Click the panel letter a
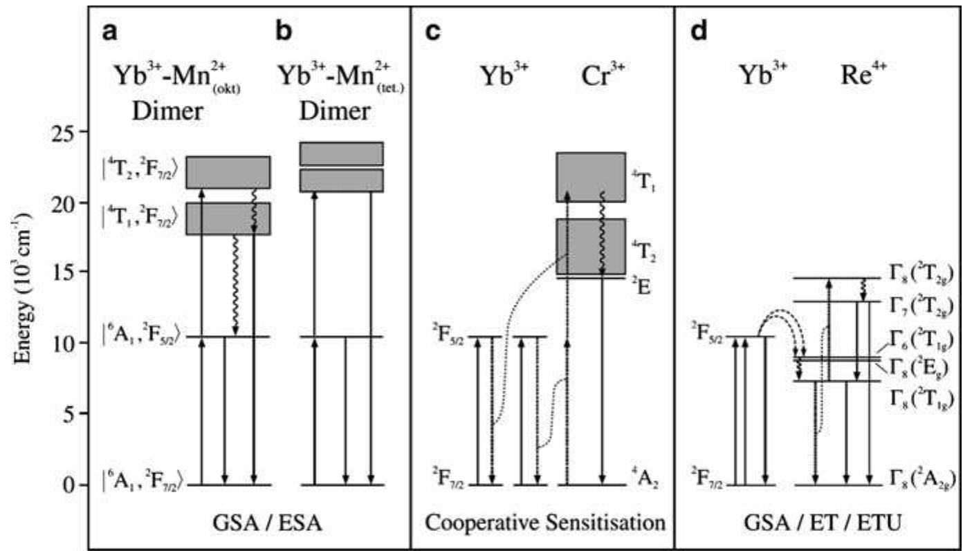111,32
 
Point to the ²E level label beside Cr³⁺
640,283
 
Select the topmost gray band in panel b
341,153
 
